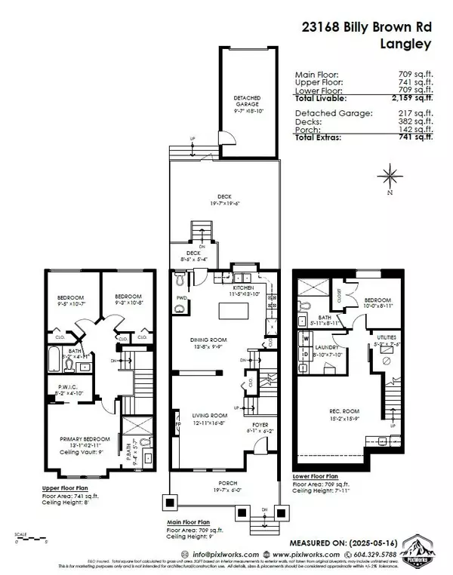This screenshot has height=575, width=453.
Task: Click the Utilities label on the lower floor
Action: [391, 337]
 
